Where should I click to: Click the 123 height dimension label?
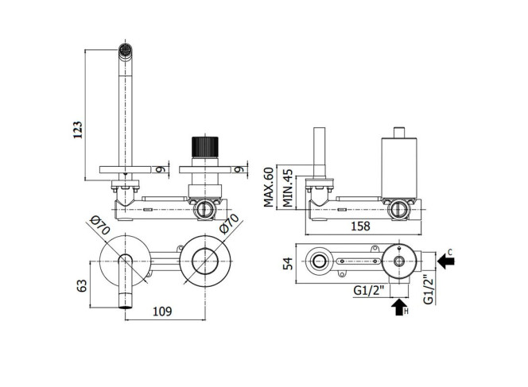pos(77,130)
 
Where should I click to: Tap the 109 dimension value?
pos(162,312)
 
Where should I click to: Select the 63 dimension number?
pos(82,286)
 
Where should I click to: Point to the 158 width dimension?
pos(361,226)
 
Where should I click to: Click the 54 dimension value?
pos(288,264)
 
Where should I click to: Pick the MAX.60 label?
pos(269,187)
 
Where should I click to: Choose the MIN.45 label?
pos(288,188)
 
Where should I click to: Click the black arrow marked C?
pos(446,261)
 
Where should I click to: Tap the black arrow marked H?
pos(399,307)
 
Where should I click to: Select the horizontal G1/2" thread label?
pos(369,290)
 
